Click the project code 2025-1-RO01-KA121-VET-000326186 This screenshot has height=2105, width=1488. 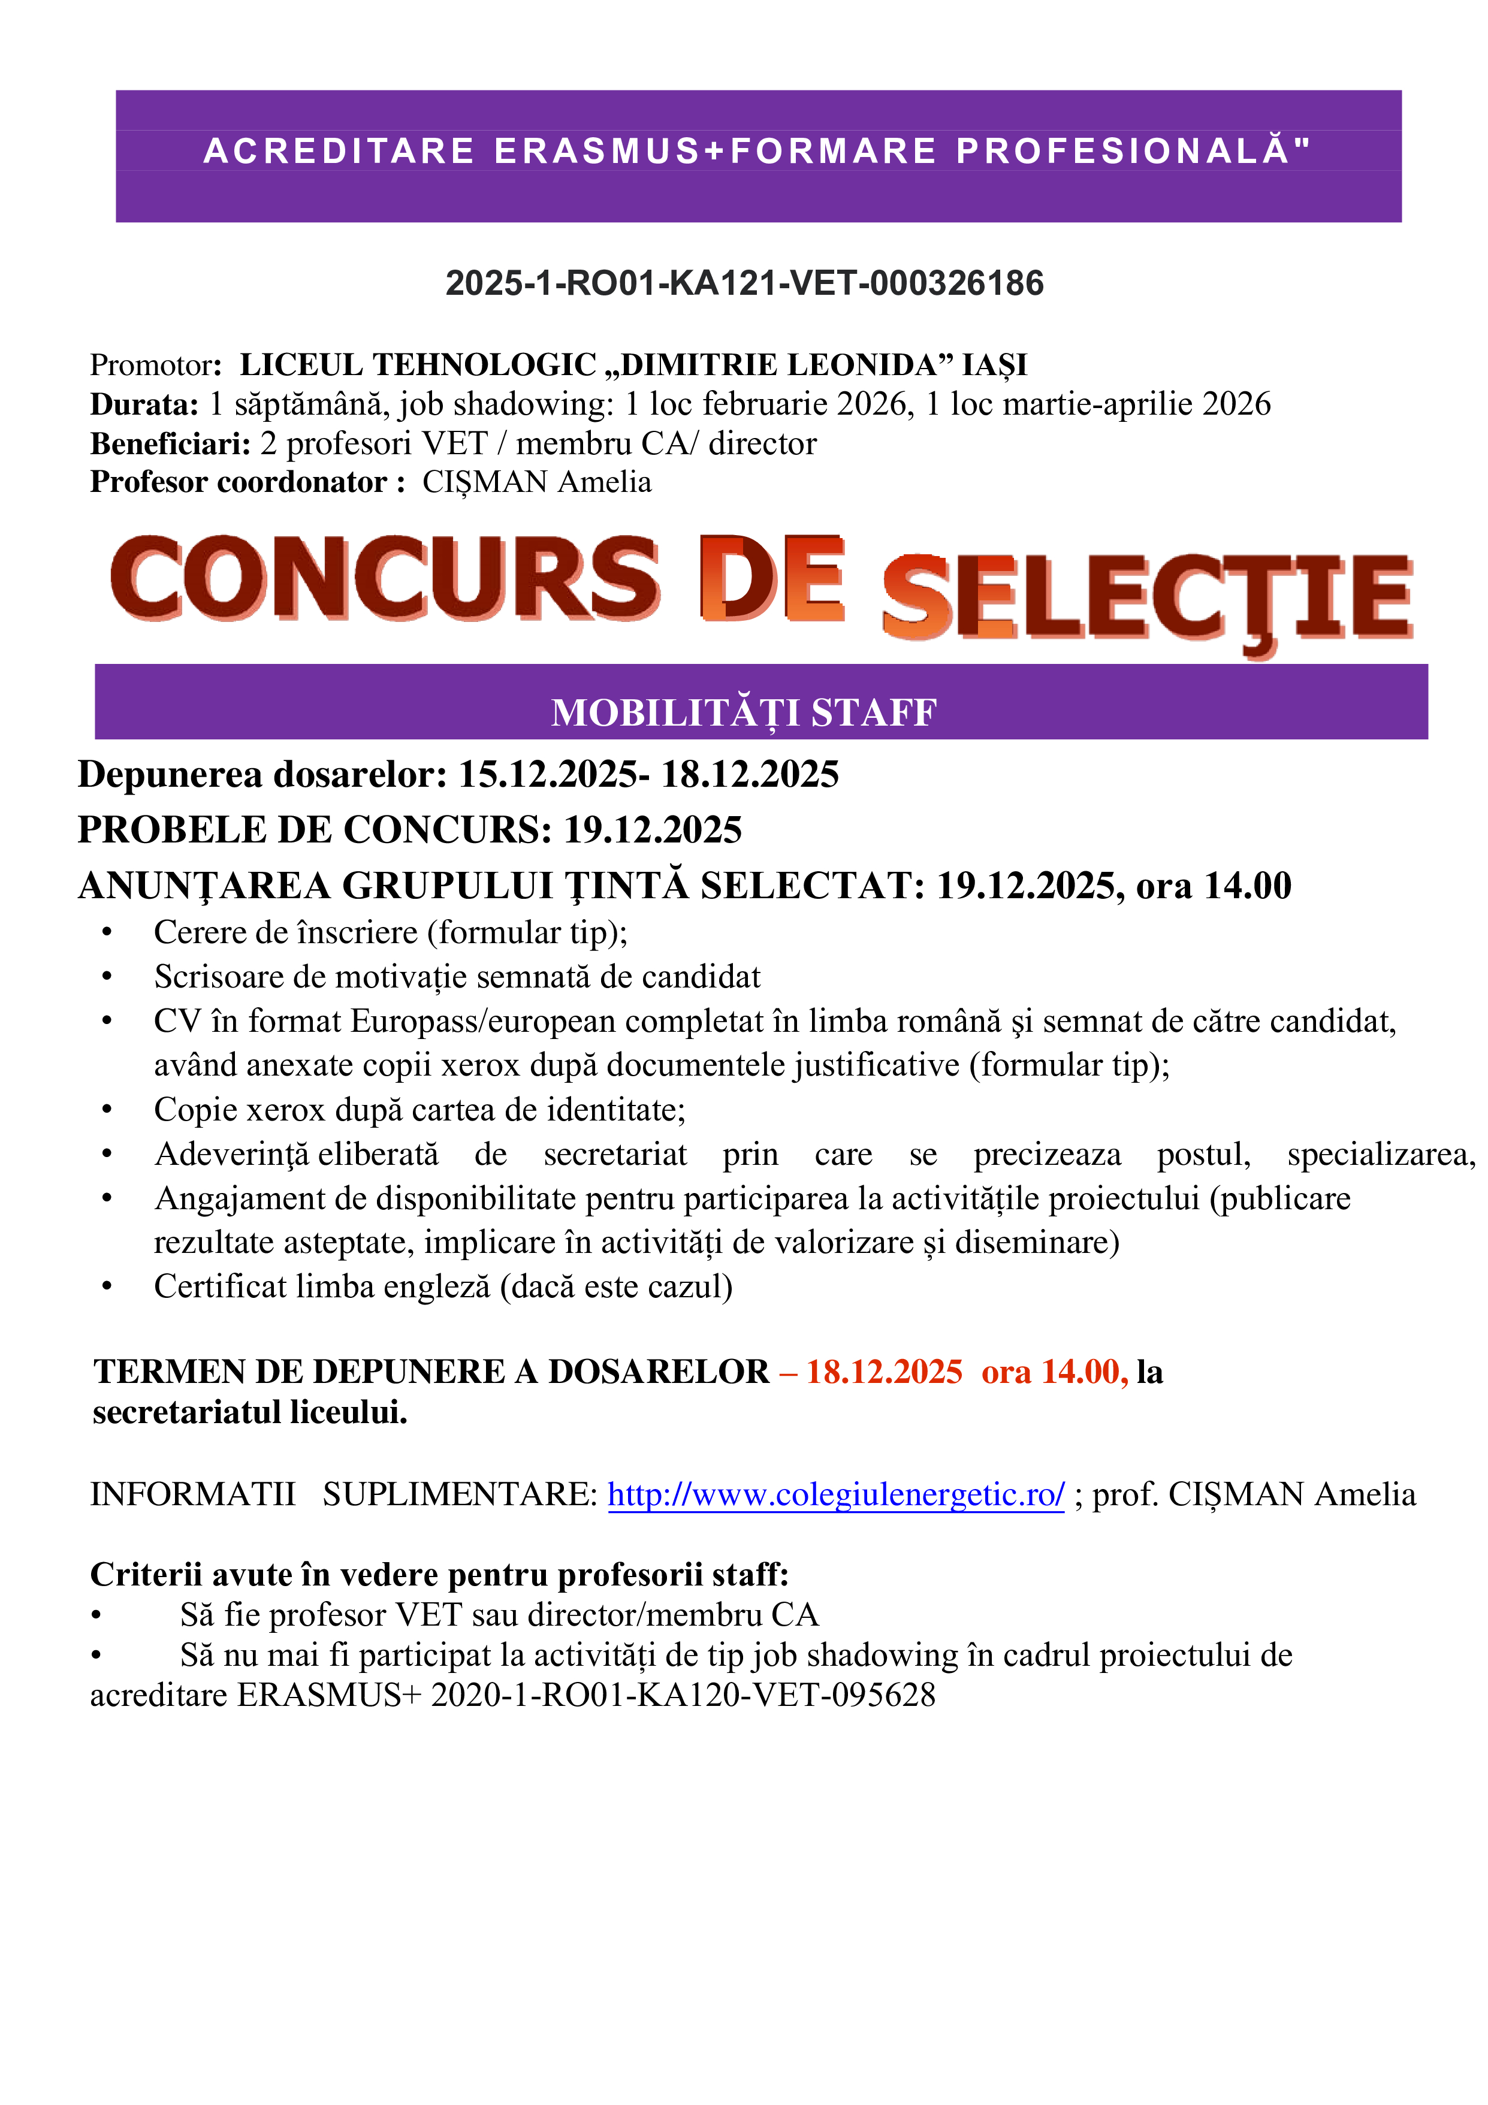(x=744, y=283)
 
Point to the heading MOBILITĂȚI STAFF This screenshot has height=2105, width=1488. (x=744, y=712)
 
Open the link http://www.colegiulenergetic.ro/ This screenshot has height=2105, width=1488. (x=835, y=1494)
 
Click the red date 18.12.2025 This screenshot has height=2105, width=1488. (x=884, y=1372)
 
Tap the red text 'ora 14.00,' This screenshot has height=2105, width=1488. (x=1054, y=1372)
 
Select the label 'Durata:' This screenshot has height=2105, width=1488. (x=144, y=404)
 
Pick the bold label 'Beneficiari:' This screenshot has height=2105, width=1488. (x=170, y=444)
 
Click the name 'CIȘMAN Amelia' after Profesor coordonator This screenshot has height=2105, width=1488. (x=536, y=482)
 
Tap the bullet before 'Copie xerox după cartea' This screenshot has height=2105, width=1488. (x=107, y=1110)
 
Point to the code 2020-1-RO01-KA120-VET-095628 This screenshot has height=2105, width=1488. (x=683, y=1695)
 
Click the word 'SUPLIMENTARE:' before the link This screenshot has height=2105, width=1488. (x=459, y=1494)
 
